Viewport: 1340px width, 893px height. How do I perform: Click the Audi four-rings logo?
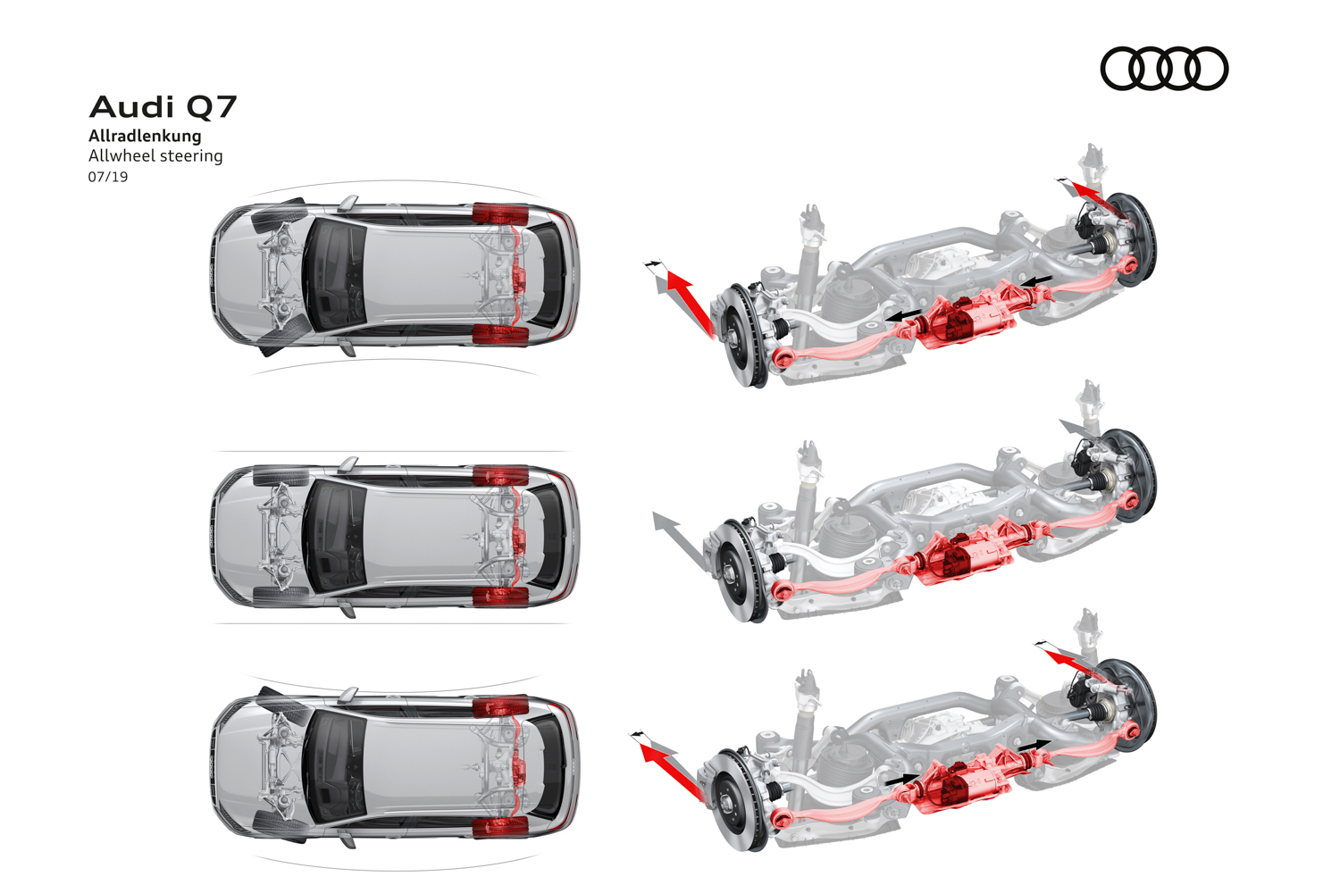click(1164, 69)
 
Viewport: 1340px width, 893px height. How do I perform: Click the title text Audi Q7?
click(163, 107)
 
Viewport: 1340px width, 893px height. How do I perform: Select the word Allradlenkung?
click(145, 136)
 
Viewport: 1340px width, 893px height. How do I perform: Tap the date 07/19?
click(108, 177)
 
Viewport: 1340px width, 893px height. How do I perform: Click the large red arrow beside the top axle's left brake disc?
click(691, 303)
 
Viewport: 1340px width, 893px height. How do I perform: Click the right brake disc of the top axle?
click(1135, 238)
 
